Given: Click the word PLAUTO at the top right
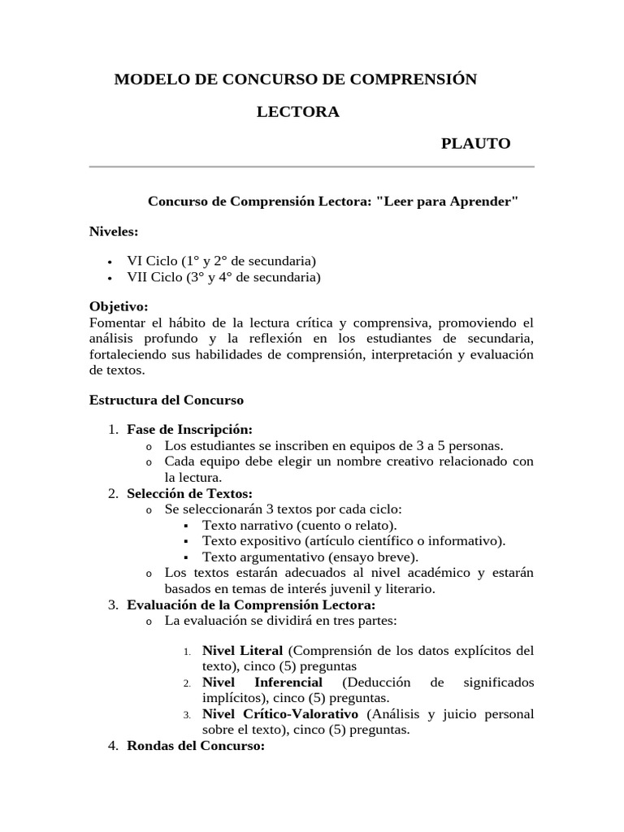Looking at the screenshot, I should click(475, 144).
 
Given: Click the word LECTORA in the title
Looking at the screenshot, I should click(298, 112).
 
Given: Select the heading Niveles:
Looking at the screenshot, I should click(114, 232).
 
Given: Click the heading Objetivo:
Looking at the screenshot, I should click(119, 307).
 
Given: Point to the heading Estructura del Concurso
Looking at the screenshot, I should click(166, 401).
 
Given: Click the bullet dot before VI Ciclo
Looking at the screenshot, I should click(110, 262).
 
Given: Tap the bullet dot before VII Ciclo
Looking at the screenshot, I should click(110, 279).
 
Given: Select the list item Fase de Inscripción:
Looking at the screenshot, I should click(189, 430).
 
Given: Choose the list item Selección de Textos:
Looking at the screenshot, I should click(189, 494).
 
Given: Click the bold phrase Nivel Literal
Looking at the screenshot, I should click(242, 651).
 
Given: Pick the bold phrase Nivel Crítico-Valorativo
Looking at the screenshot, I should click(279, 714).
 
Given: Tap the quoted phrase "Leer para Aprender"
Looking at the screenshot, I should click(447, 201).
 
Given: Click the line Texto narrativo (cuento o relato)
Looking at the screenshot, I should click(300, 526).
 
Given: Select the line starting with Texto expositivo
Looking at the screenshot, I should click(353, 541).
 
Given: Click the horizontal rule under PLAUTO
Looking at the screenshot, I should click(311, 167).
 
